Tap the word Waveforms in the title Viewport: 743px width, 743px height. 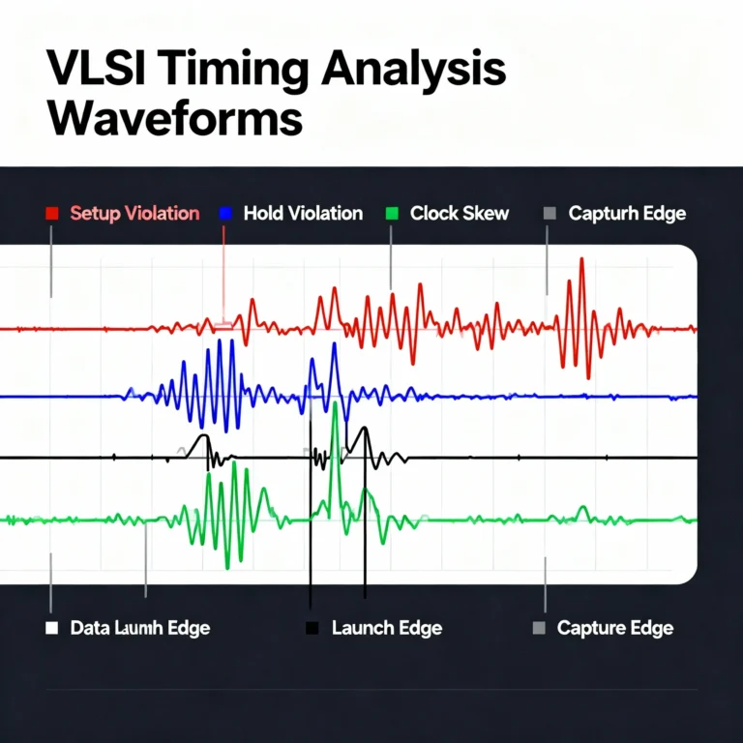[174, 120]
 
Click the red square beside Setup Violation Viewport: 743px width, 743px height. [53, 214]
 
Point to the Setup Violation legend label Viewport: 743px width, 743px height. [134, 214]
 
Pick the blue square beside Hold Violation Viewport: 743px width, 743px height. [226, 214]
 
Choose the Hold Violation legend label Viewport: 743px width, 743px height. [303, 214]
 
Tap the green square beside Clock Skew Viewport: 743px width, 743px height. [392, 214]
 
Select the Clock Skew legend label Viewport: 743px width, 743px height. [459, 214]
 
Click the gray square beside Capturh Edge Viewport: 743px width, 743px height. [550, 214]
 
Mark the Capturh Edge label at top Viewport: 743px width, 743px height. [627, 214]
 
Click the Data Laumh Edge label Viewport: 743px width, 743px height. [140, 628]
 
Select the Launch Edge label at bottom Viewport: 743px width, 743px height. [386, 628]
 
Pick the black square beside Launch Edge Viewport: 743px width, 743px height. [312, 628]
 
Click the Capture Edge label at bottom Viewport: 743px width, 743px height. [615, 628]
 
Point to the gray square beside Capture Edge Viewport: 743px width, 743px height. [540, 628]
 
